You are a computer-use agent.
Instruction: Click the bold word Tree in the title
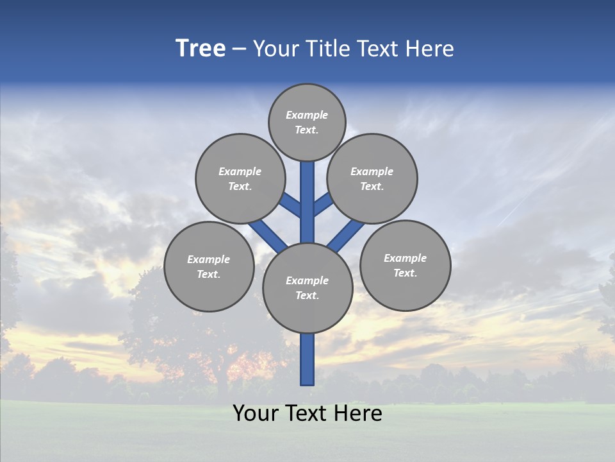click(x=201, y=49)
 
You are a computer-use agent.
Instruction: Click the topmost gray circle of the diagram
click(x=307, y=122)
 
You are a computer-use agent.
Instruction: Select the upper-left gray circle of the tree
click(x=240, y=178)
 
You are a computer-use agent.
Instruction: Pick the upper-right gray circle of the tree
click(x=372, y=178)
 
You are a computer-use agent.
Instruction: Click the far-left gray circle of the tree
click(x=209, y=266)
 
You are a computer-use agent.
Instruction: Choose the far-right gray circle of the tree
click(x=405, y=265)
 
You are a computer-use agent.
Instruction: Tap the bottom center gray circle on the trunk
click(x=307, y=287)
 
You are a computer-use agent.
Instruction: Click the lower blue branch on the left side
click(x=268, y=235)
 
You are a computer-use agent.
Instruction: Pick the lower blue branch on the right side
click(x=346, y=235)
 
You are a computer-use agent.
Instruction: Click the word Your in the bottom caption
click(x=254, y=413)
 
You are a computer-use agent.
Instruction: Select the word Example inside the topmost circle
click(x=307, y=115)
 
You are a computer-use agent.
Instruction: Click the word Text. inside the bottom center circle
click(x=307, y=295)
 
